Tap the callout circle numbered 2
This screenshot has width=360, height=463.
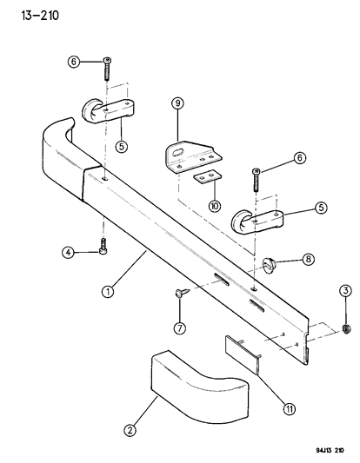click(x=131, y=429)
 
